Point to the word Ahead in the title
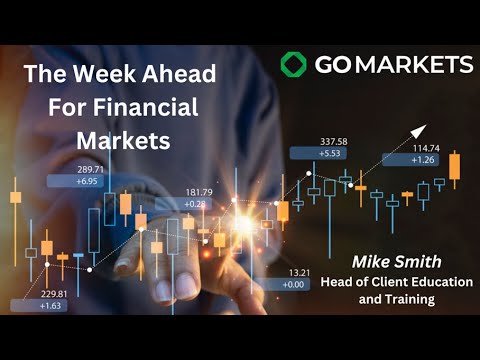click(x=171, y=72)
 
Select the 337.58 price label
click(x=333, y=142)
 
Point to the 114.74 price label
click(x=425, y=146)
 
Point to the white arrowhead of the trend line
click(x=417, y=128)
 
